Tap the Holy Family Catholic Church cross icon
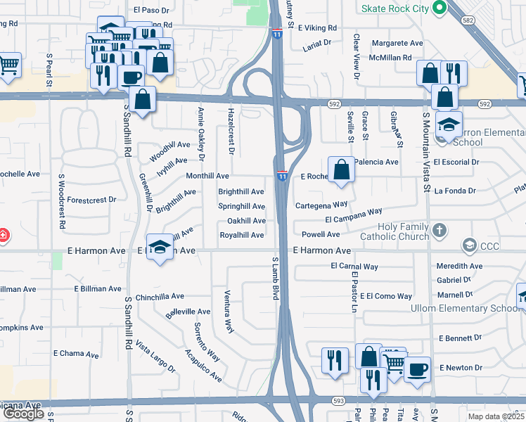439,230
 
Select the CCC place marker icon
468,245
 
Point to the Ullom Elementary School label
466,308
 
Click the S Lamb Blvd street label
276,279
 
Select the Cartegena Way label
321,205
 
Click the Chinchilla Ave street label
160,297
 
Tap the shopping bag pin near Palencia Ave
341,170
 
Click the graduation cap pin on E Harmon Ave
160,247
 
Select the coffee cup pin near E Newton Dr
417,369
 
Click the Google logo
23,414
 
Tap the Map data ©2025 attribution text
496,416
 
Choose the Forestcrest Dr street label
91,200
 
